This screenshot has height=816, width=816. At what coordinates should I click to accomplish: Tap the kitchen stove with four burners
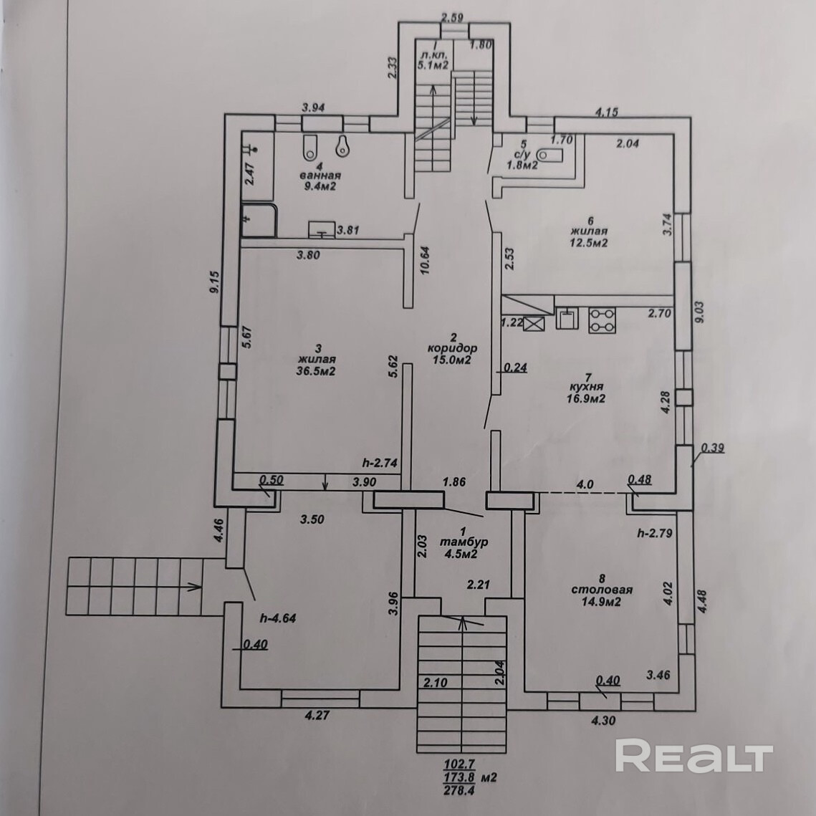coord(602,320)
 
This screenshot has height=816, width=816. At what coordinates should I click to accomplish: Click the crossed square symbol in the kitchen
coord(534,325)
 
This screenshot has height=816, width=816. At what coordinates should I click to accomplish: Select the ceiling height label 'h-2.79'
coord(654,534)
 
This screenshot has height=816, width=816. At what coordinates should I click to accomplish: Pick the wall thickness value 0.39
coord(712,448)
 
